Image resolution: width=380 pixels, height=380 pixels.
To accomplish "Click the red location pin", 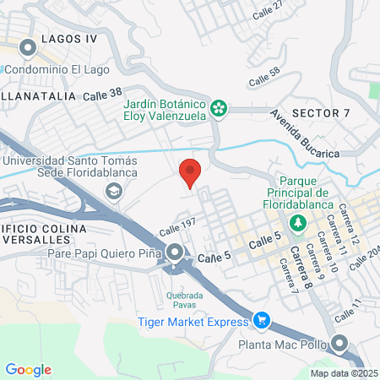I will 191,172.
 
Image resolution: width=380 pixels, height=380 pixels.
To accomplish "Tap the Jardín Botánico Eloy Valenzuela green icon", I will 219,106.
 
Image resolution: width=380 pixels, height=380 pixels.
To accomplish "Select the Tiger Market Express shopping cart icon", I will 262,320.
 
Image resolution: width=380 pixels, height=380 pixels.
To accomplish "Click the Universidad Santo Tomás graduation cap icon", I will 112,191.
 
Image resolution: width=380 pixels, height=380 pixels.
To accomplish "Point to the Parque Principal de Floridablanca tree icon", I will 297,222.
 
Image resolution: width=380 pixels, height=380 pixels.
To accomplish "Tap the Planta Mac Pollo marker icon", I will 339,343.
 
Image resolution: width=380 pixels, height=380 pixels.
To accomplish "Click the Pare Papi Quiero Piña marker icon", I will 175,252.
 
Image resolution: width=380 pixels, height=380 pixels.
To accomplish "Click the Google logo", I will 29,369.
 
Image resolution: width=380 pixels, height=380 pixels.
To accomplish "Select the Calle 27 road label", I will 268,10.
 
